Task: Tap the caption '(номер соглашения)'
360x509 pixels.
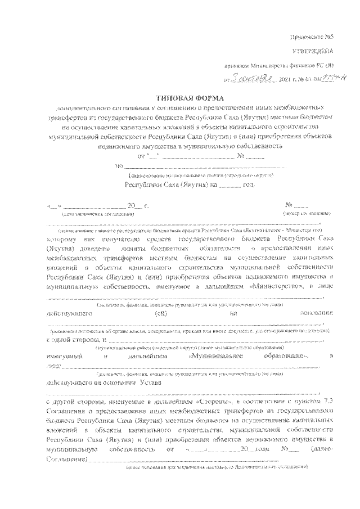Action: tap(307, 215)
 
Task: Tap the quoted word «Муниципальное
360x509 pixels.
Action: tap(217, 357)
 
